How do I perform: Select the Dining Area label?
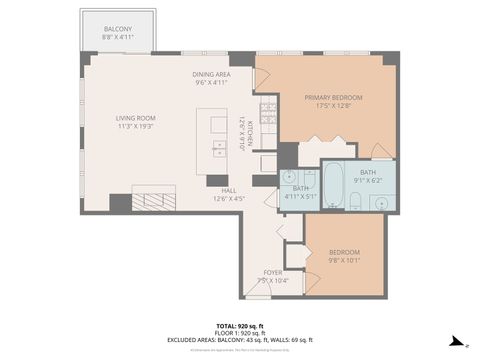pyautogui.click(x=212, y=79)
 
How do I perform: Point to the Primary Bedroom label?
pyautogui.click(x=333, y=101)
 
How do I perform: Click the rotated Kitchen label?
pyautogui.click(x=241, y=134)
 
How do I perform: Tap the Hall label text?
pyautogui.click(x=229, y=193)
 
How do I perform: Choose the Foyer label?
pyautogui.click(x=273, y=276)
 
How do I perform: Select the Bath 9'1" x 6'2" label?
pyautogui.click(x=368, y=176)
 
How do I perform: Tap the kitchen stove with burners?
pyautogui.click(x=267, y=113)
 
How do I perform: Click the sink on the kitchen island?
pyautogui.click(x=219, y=149)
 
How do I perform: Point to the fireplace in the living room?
pyautogui.click(x=154, y=199)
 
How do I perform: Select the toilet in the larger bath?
pyautogui.click(x=355, y=205)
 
